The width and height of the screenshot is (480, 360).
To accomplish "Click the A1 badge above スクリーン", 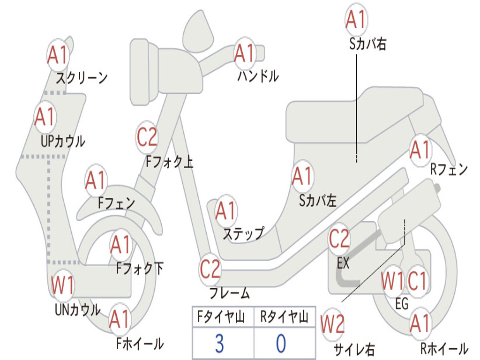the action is [x=58, y=55].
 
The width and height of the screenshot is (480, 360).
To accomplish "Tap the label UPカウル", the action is [x=63, y=141].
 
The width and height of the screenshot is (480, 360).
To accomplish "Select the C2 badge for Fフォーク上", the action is [x=147, y=137].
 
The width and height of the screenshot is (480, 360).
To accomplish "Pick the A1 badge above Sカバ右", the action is [x=356, y=19].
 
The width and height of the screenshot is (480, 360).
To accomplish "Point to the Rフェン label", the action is [x=449, y=169].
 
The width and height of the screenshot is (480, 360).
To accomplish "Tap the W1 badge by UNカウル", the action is [x=62, y=285].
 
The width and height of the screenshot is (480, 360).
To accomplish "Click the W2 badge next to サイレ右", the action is [x=332, y=324].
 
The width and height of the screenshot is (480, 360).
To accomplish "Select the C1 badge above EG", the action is [x=417, y=281].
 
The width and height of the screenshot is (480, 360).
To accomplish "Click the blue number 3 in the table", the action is [x=219, y=344].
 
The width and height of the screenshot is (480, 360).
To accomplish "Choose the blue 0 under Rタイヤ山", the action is [x=281, y=344].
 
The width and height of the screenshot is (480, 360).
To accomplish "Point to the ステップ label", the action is [x=243, y=233].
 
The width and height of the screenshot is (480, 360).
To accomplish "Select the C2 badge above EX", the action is [x=339, y=239].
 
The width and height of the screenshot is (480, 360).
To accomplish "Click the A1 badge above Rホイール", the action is [x=421, y=323].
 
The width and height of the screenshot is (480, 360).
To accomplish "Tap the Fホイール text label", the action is [x=140, y=344].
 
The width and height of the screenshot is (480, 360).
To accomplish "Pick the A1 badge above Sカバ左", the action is [x=302, y=176].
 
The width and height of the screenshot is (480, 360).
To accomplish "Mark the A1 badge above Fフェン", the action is [x=96, y=180].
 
